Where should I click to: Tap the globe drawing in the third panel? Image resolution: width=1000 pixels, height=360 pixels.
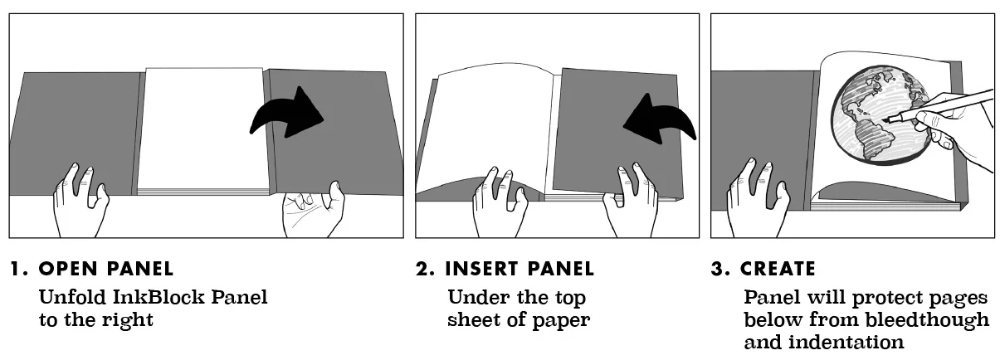click(880, 115)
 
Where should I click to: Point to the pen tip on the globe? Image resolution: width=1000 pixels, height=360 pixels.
click(885, 120)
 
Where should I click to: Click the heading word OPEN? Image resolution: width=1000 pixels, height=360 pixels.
click(68, 269)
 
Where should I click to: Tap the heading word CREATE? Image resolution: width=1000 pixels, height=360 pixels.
click(778, 269)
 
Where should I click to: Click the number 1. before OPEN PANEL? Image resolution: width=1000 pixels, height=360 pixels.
click(20, 269)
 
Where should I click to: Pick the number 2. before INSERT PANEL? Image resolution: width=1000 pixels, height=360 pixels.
click(426, 269)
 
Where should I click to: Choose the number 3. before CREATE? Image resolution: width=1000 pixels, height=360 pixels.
click(721, 269)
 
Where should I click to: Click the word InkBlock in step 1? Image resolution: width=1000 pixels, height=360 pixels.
click(158, 297)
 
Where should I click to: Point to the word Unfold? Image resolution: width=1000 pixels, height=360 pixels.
click(73, 297)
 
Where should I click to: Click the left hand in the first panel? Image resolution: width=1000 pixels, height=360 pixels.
click(80, 201)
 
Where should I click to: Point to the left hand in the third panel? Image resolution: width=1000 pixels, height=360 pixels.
click(758, 198)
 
